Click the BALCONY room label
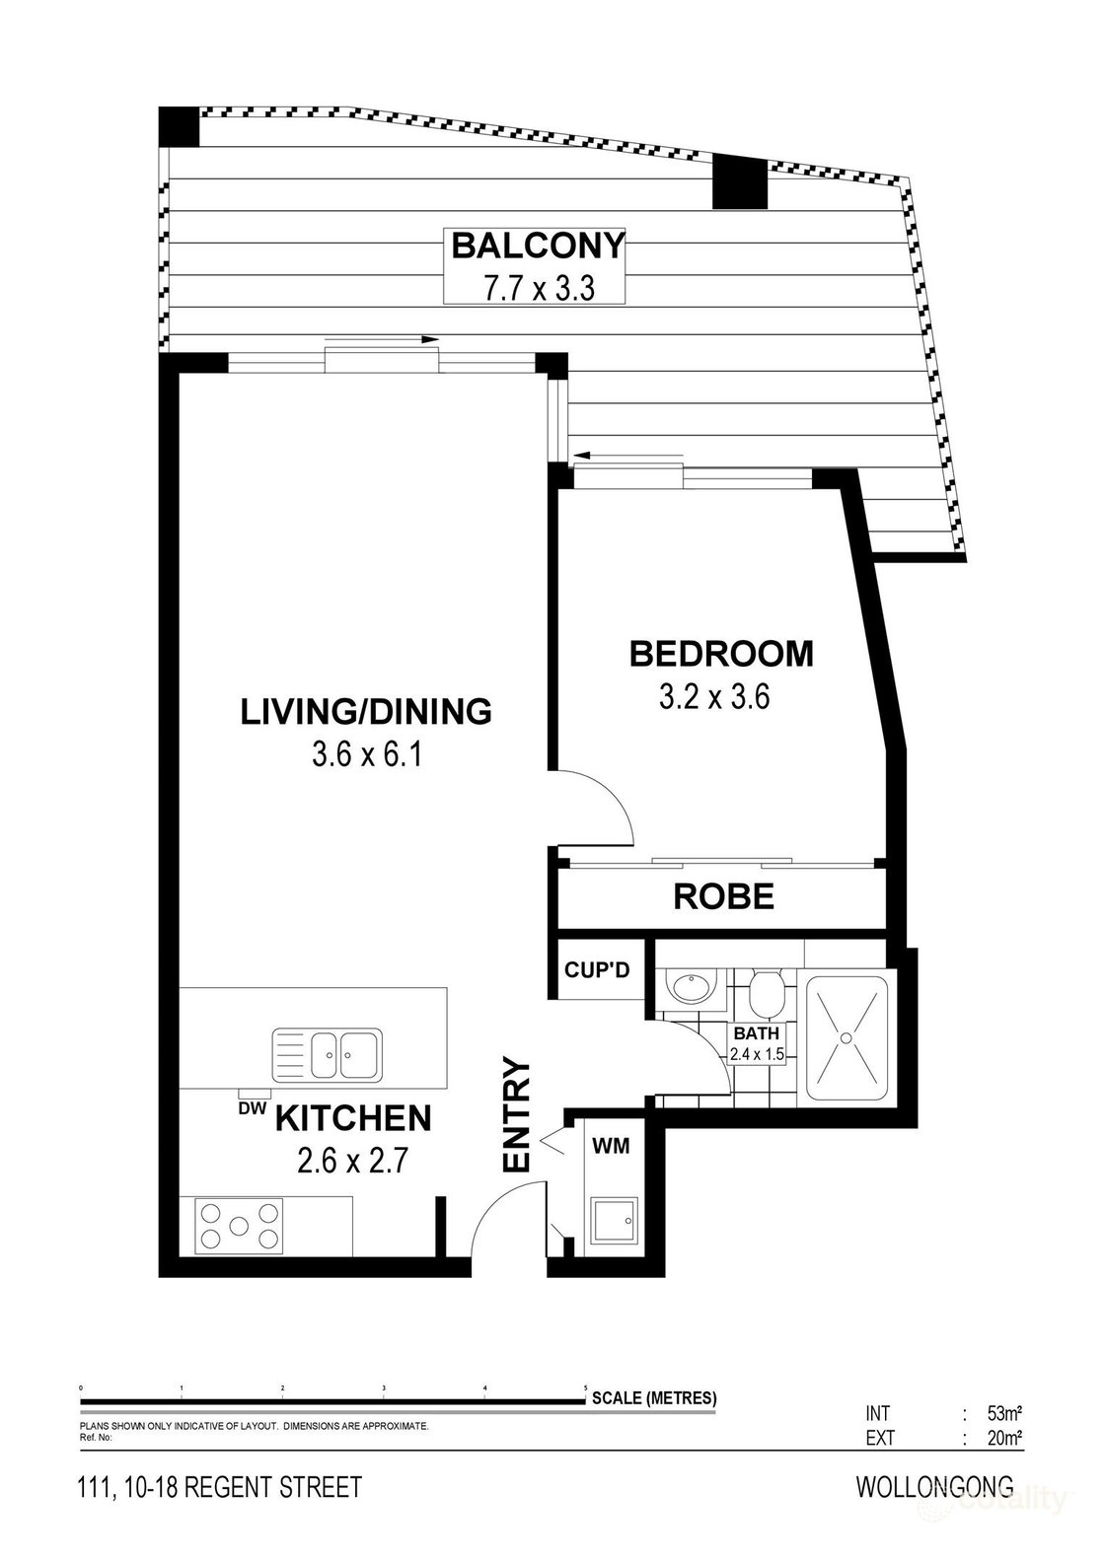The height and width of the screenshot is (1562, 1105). tap(538, 245)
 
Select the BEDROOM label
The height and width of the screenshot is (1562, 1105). tap(721, 654)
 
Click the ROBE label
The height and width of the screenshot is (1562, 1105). tap(723, 896)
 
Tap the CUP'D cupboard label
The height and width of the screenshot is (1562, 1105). tap(596, 970)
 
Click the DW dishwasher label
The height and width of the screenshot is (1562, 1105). tap(254, 1108)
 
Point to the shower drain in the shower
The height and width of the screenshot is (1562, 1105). tap(846, 1037)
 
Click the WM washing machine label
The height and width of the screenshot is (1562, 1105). tap(611, 1146)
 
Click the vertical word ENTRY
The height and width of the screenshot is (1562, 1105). tap(517, 1115)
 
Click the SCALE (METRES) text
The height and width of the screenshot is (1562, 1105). tap(654, 1398)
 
